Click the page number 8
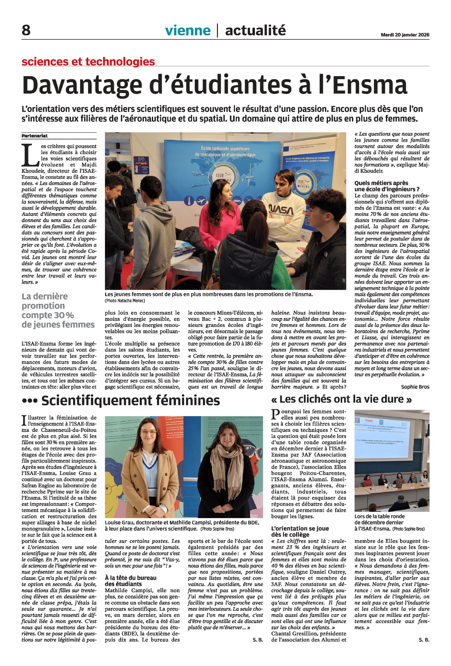click(26, 30)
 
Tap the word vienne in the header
click(188, 30)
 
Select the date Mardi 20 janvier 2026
click(405, 35)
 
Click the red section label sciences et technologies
click(88, 61)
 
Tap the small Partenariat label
click(34, 136)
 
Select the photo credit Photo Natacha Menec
click(125, 301)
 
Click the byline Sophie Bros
click(415, 387)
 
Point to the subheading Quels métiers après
click(381, 183)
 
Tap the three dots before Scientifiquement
click(29, 401)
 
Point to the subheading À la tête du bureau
click(130, 578)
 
